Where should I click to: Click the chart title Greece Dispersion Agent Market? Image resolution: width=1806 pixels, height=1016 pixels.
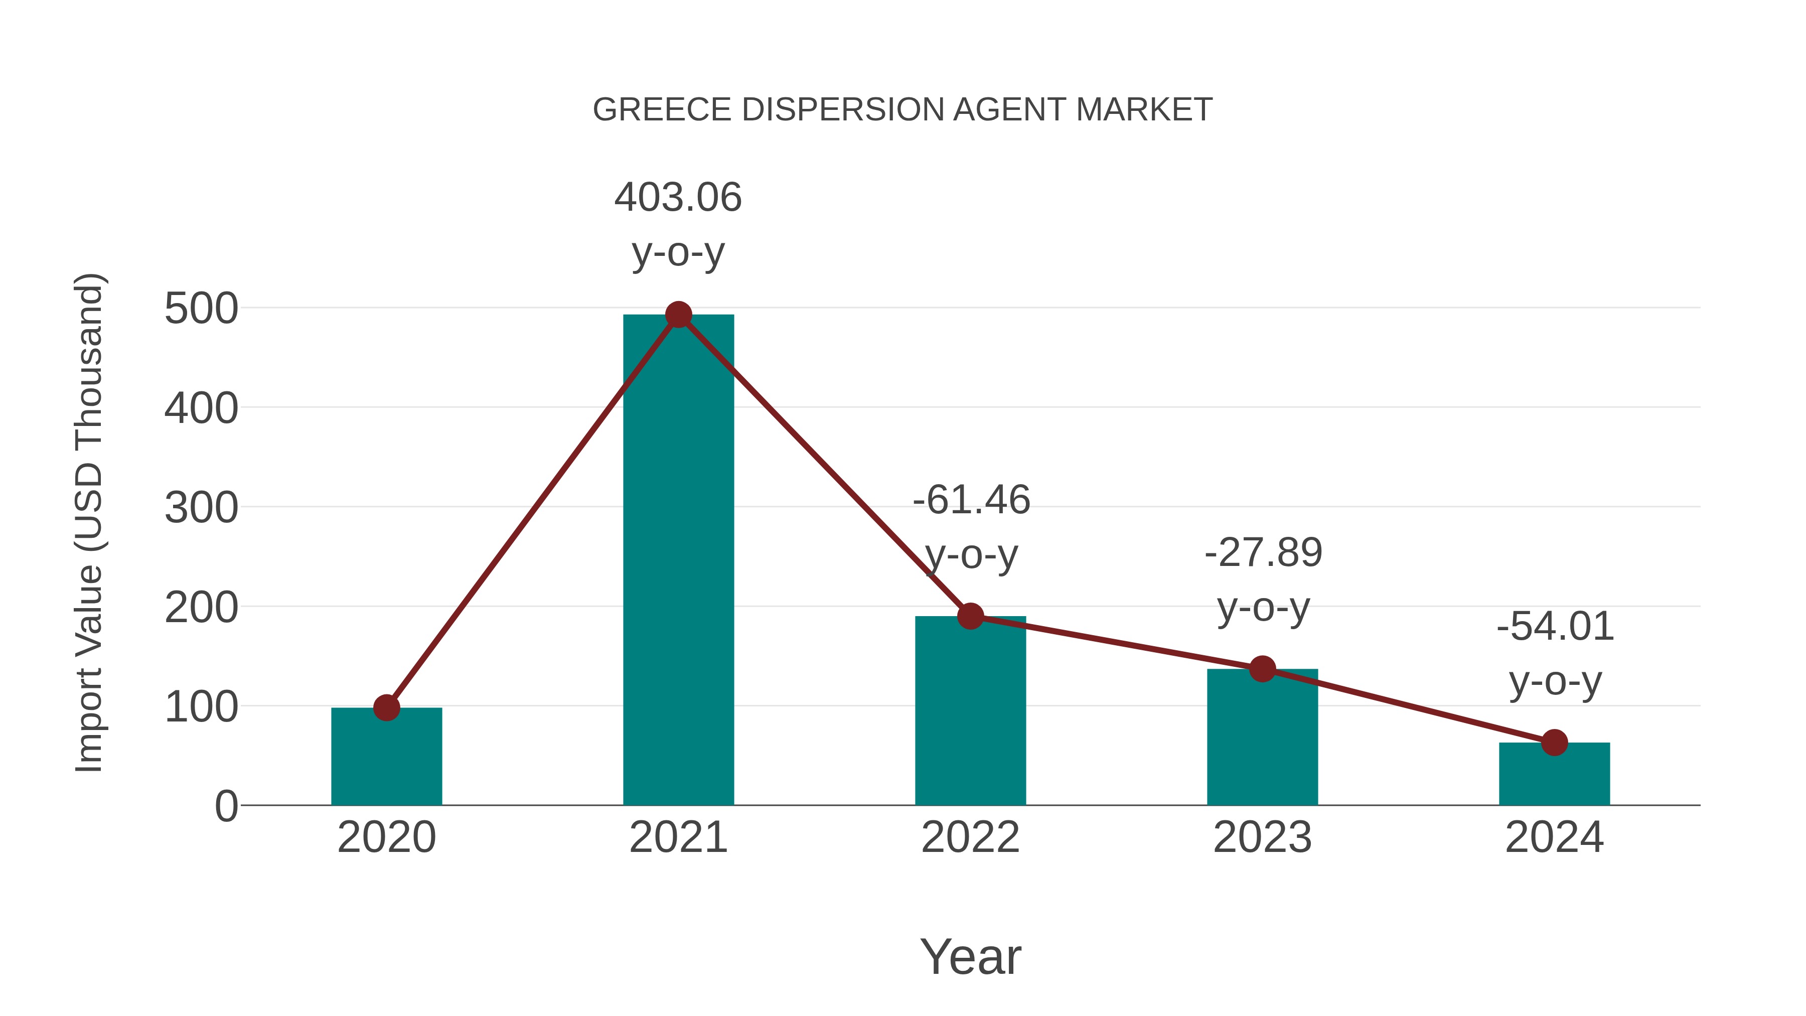click(902, 110)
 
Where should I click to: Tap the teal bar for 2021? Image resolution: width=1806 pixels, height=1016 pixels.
click(678, 561)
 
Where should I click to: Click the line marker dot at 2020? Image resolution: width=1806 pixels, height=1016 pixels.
click(386, 707)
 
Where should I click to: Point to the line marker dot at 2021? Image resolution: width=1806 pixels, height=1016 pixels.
click(678, 315)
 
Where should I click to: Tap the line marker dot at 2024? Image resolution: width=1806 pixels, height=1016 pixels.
click(1554, 742)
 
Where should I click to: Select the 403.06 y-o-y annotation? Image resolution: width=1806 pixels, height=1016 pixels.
click(678, 224)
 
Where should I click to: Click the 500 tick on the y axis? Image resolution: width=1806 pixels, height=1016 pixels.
click(201, 309)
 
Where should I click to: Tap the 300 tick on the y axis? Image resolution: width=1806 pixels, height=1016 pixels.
click(201, 508)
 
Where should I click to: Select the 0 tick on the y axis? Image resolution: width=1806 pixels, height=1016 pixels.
click(226, 806)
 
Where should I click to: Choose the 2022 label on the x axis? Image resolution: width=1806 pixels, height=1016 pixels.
click(970, 837)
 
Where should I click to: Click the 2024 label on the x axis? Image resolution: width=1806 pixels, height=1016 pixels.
click(1554, 837)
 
